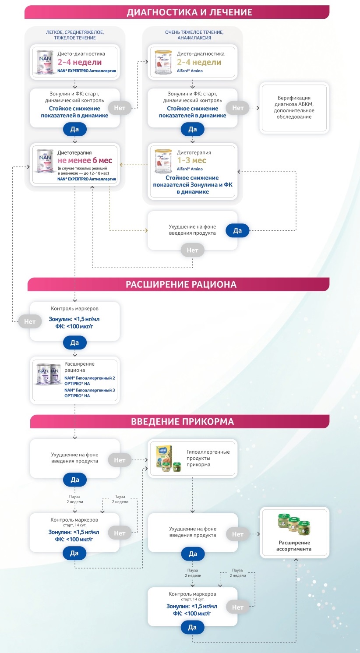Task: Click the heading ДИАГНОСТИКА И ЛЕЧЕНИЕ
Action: pos(189,12)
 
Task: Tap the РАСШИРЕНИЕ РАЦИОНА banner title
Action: pos(181,285)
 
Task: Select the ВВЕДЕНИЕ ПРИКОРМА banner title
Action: pos(182,422)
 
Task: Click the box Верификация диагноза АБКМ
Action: pos(294,108)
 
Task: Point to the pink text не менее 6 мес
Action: pos(85,160)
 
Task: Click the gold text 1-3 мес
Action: pos(191,160)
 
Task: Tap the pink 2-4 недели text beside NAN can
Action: pos(80,62)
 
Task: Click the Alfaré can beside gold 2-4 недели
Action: pos(163,62)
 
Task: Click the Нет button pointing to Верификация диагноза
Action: pos(238,108)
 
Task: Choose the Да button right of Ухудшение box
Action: pos(237,231)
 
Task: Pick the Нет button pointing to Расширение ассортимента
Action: pos(238,534)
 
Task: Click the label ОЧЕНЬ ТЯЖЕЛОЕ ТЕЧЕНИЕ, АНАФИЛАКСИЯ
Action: pos(194,35)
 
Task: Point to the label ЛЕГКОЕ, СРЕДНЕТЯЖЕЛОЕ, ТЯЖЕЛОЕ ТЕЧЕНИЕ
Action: pos(75,35)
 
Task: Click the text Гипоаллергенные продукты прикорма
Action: pos(208,458)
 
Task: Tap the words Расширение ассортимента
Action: pos(294,546)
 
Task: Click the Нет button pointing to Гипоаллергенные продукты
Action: pos(120,460)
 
